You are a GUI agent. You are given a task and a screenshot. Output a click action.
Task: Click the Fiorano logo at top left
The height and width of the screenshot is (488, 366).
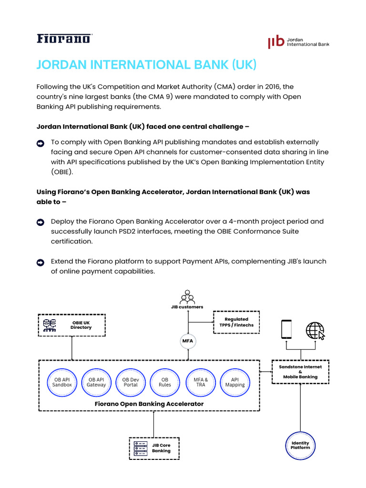tap(64, 39)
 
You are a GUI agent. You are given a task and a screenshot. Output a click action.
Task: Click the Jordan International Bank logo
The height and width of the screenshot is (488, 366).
tap(298, 41)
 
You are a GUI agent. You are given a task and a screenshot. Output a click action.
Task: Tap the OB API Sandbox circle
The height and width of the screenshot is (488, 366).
tap(62, 382)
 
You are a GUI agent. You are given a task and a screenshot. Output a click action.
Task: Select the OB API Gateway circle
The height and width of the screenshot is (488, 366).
tap(96, 382)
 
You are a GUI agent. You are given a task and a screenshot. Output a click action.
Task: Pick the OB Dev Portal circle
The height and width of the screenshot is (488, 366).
tap(131, 382)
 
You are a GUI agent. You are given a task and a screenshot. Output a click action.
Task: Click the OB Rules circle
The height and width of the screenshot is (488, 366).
tap(165, 382)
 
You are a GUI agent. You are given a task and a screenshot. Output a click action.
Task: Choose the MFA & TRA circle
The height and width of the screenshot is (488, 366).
tap(201, 382)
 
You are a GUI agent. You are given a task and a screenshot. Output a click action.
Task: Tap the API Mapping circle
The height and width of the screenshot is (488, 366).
tap(235, 382)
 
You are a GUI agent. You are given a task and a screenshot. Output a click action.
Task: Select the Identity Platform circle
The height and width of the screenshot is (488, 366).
tap(300, 446)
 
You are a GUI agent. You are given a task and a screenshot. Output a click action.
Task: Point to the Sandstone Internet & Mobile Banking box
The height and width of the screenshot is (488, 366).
tap(300, 372)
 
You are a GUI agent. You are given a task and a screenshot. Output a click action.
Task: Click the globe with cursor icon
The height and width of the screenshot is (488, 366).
tap(315, 330)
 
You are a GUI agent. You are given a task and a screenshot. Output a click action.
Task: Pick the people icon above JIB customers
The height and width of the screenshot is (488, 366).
tap(187, 296)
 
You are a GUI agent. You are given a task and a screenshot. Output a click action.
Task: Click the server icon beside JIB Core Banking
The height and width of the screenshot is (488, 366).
tap(141, 448)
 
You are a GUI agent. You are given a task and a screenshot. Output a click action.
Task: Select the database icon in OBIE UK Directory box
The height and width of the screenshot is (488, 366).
tap(50, 325)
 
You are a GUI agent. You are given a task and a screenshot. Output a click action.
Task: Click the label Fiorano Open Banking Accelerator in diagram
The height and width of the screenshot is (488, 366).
tap(149, 404)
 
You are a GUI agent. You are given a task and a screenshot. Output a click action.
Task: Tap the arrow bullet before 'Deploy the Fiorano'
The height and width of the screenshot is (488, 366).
tap(41, 222)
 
